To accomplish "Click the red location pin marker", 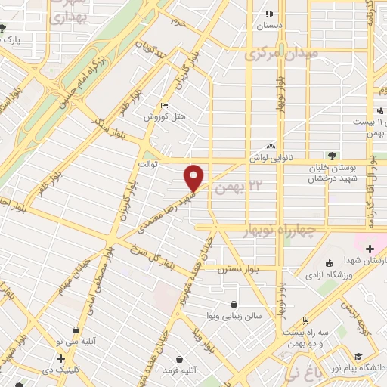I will (195, 177).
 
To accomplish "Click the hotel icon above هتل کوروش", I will (166, 106).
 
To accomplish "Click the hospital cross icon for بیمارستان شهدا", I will (369, 249).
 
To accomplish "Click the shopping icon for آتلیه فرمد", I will (179, 359).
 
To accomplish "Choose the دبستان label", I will (268, 25).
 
